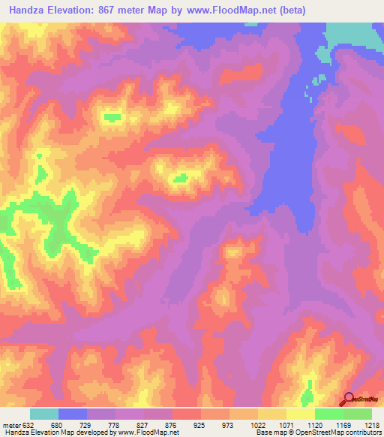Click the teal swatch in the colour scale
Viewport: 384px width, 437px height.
tap(44, 414)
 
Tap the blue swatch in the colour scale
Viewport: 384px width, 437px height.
tap(73, 414)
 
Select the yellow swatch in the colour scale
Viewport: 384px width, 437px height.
tap(300, 414)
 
